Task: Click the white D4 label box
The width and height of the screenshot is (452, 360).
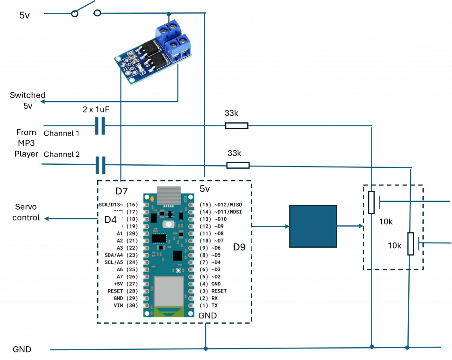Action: coord(110,219)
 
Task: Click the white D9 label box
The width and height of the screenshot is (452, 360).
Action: coord(239,247)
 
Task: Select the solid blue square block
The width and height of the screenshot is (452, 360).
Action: coord(313,226)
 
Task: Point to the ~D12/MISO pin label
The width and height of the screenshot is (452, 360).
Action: coord(228,205)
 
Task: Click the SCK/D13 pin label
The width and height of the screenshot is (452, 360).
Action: coord(111,205)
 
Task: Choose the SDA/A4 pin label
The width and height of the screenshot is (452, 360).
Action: coord(113,255)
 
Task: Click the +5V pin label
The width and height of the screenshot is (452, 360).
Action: coord(118,284)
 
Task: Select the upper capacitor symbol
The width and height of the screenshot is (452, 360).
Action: coord(100,126)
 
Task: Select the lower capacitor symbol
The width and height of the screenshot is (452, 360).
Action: coord(101,165)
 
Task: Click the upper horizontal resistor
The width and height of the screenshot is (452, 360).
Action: coord(237,126)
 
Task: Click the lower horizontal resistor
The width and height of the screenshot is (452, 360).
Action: coord(238,165)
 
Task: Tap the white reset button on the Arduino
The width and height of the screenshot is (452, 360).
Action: coord(168,224)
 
